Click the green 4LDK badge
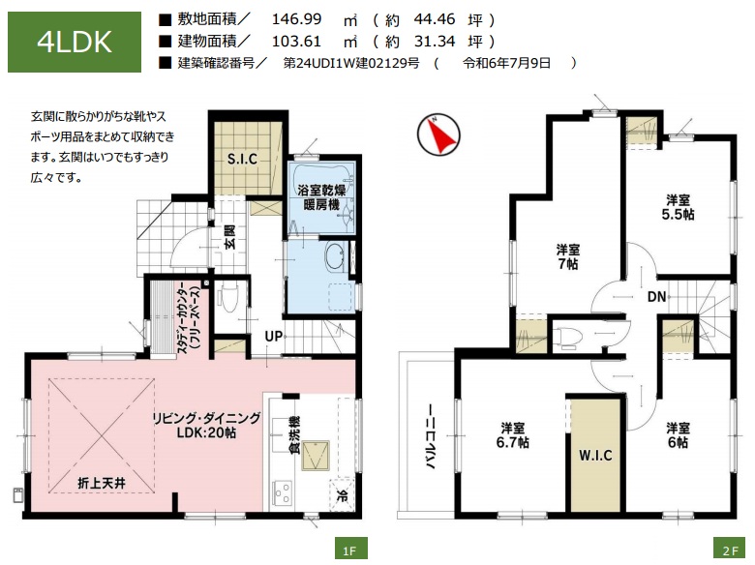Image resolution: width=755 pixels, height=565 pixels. coord(75,42)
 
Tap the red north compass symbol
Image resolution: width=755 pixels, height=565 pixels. coord(438,134)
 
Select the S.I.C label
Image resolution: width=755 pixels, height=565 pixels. coord(242,159)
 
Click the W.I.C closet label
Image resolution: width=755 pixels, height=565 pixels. coord(595,455)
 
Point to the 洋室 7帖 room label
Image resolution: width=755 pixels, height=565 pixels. coord(568,256)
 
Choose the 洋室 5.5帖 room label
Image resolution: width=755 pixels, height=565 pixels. coord(678,207)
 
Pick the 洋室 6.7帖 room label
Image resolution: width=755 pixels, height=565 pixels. coord(513,435)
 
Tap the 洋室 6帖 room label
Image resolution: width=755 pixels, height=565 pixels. coord(678,435)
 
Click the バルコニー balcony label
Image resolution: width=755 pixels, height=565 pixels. coord(431,436)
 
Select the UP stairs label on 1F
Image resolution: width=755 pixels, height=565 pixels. coord(274,336)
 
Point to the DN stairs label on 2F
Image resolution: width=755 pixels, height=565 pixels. coord(656,296)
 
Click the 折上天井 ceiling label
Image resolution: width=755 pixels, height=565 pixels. coord(102,483)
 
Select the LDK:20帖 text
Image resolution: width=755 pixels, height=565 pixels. coord(206,432)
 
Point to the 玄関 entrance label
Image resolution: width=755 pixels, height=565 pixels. coord(230,237)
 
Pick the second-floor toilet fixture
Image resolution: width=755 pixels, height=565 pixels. coord(568,336)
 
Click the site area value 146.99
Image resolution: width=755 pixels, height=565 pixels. coord(296,19)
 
